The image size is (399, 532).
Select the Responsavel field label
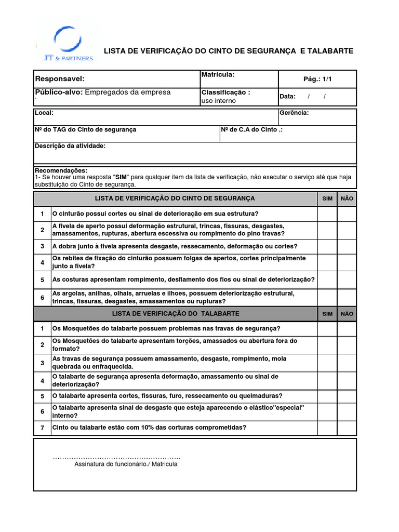[59, 78]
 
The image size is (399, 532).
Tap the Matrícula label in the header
[218, 75]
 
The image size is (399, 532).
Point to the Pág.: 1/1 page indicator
[317, 79]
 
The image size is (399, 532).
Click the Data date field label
[287, 96]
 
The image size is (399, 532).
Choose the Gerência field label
[294, 113]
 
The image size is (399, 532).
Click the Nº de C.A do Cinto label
[251, 129]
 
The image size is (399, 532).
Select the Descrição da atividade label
[70, 146]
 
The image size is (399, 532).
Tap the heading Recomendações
[61, 170]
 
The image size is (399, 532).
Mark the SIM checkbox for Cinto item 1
[327, 214]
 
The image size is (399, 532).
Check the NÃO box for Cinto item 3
[347, 246]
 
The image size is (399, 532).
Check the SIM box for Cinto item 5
[327, 280]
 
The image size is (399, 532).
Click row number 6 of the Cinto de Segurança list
[43, 298]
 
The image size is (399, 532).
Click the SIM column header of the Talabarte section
[327, 314]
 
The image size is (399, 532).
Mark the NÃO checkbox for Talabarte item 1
[347, 328]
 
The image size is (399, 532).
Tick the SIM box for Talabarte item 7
[327, 428]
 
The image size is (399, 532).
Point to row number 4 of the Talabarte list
[43, 380]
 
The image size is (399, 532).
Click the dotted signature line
[116, 457]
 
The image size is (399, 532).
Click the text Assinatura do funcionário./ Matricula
[126, 464]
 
